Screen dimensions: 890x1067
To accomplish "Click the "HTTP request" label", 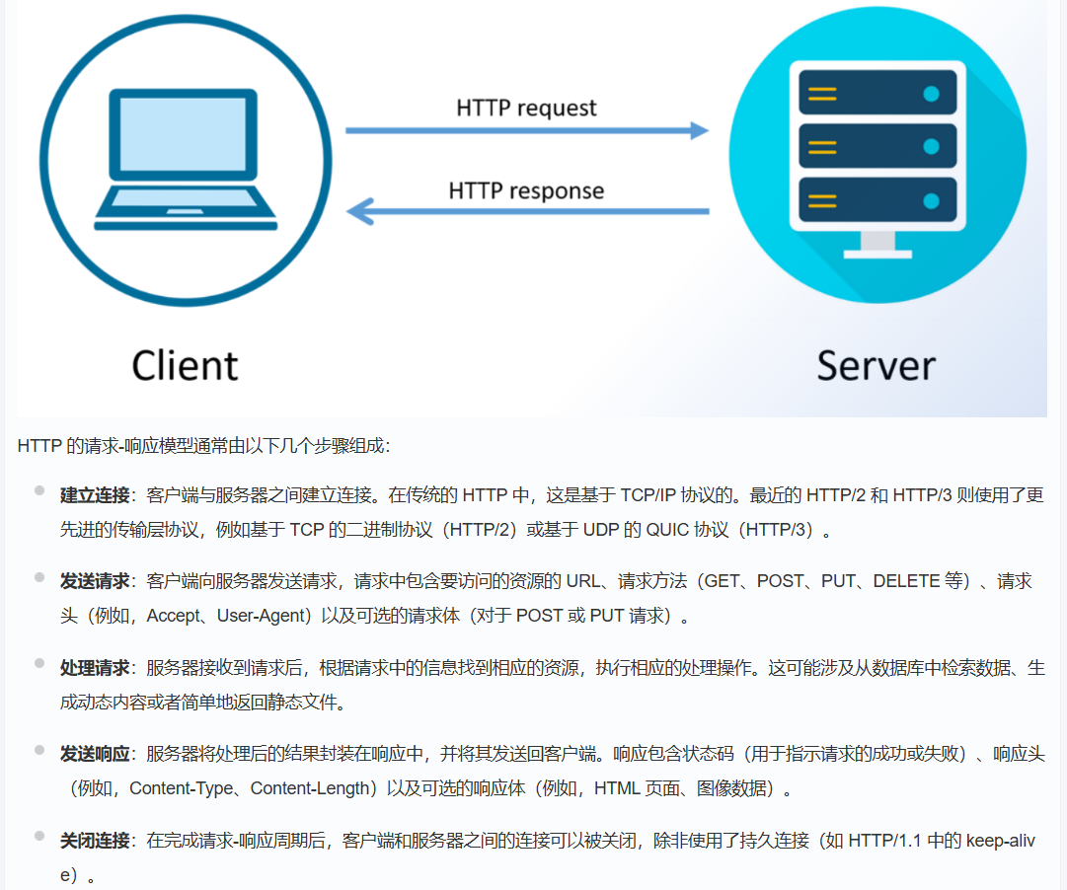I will pyautogui.click(x=526, y=108).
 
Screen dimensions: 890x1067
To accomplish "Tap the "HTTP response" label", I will pyautogui.click(x=526, y=189).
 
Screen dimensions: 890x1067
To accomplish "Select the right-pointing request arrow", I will pyautogui.click(x=526, y=130).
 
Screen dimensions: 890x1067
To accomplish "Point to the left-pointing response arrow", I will pyautogui.click(x=526, y=211).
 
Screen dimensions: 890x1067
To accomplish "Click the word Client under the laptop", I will pyautogui.click(x=186, y=365).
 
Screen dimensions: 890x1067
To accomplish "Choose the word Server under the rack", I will pyautogui.click(x=876, y=365).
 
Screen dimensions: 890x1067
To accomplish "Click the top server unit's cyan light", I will pyautogui.click(x=930, y=95).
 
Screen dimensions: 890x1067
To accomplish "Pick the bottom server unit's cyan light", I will pyautogui.click(x=930, y=201).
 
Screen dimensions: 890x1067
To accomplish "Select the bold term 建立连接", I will pyautogui.click(x=95, y=495).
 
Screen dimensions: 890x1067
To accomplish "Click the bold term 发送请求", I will pyautogui.click(x=95, y=581).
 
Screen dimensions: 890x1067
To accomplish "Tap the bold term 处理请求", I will pyautogui.click(x=95, y=668).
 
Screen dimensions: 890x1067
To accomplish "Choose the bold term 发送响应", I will pyautogui.click(x=95, y=755).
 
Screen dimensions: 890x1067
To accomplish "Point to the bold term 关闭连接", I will pyautogui.click(x=95, y=842).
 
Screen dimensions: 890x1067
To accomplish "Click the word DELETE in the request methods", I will pyautogui.click(x=905, y=581).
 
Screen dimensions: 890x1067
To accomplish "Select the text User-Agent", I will pyautogui.click(x=263, y=617).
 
